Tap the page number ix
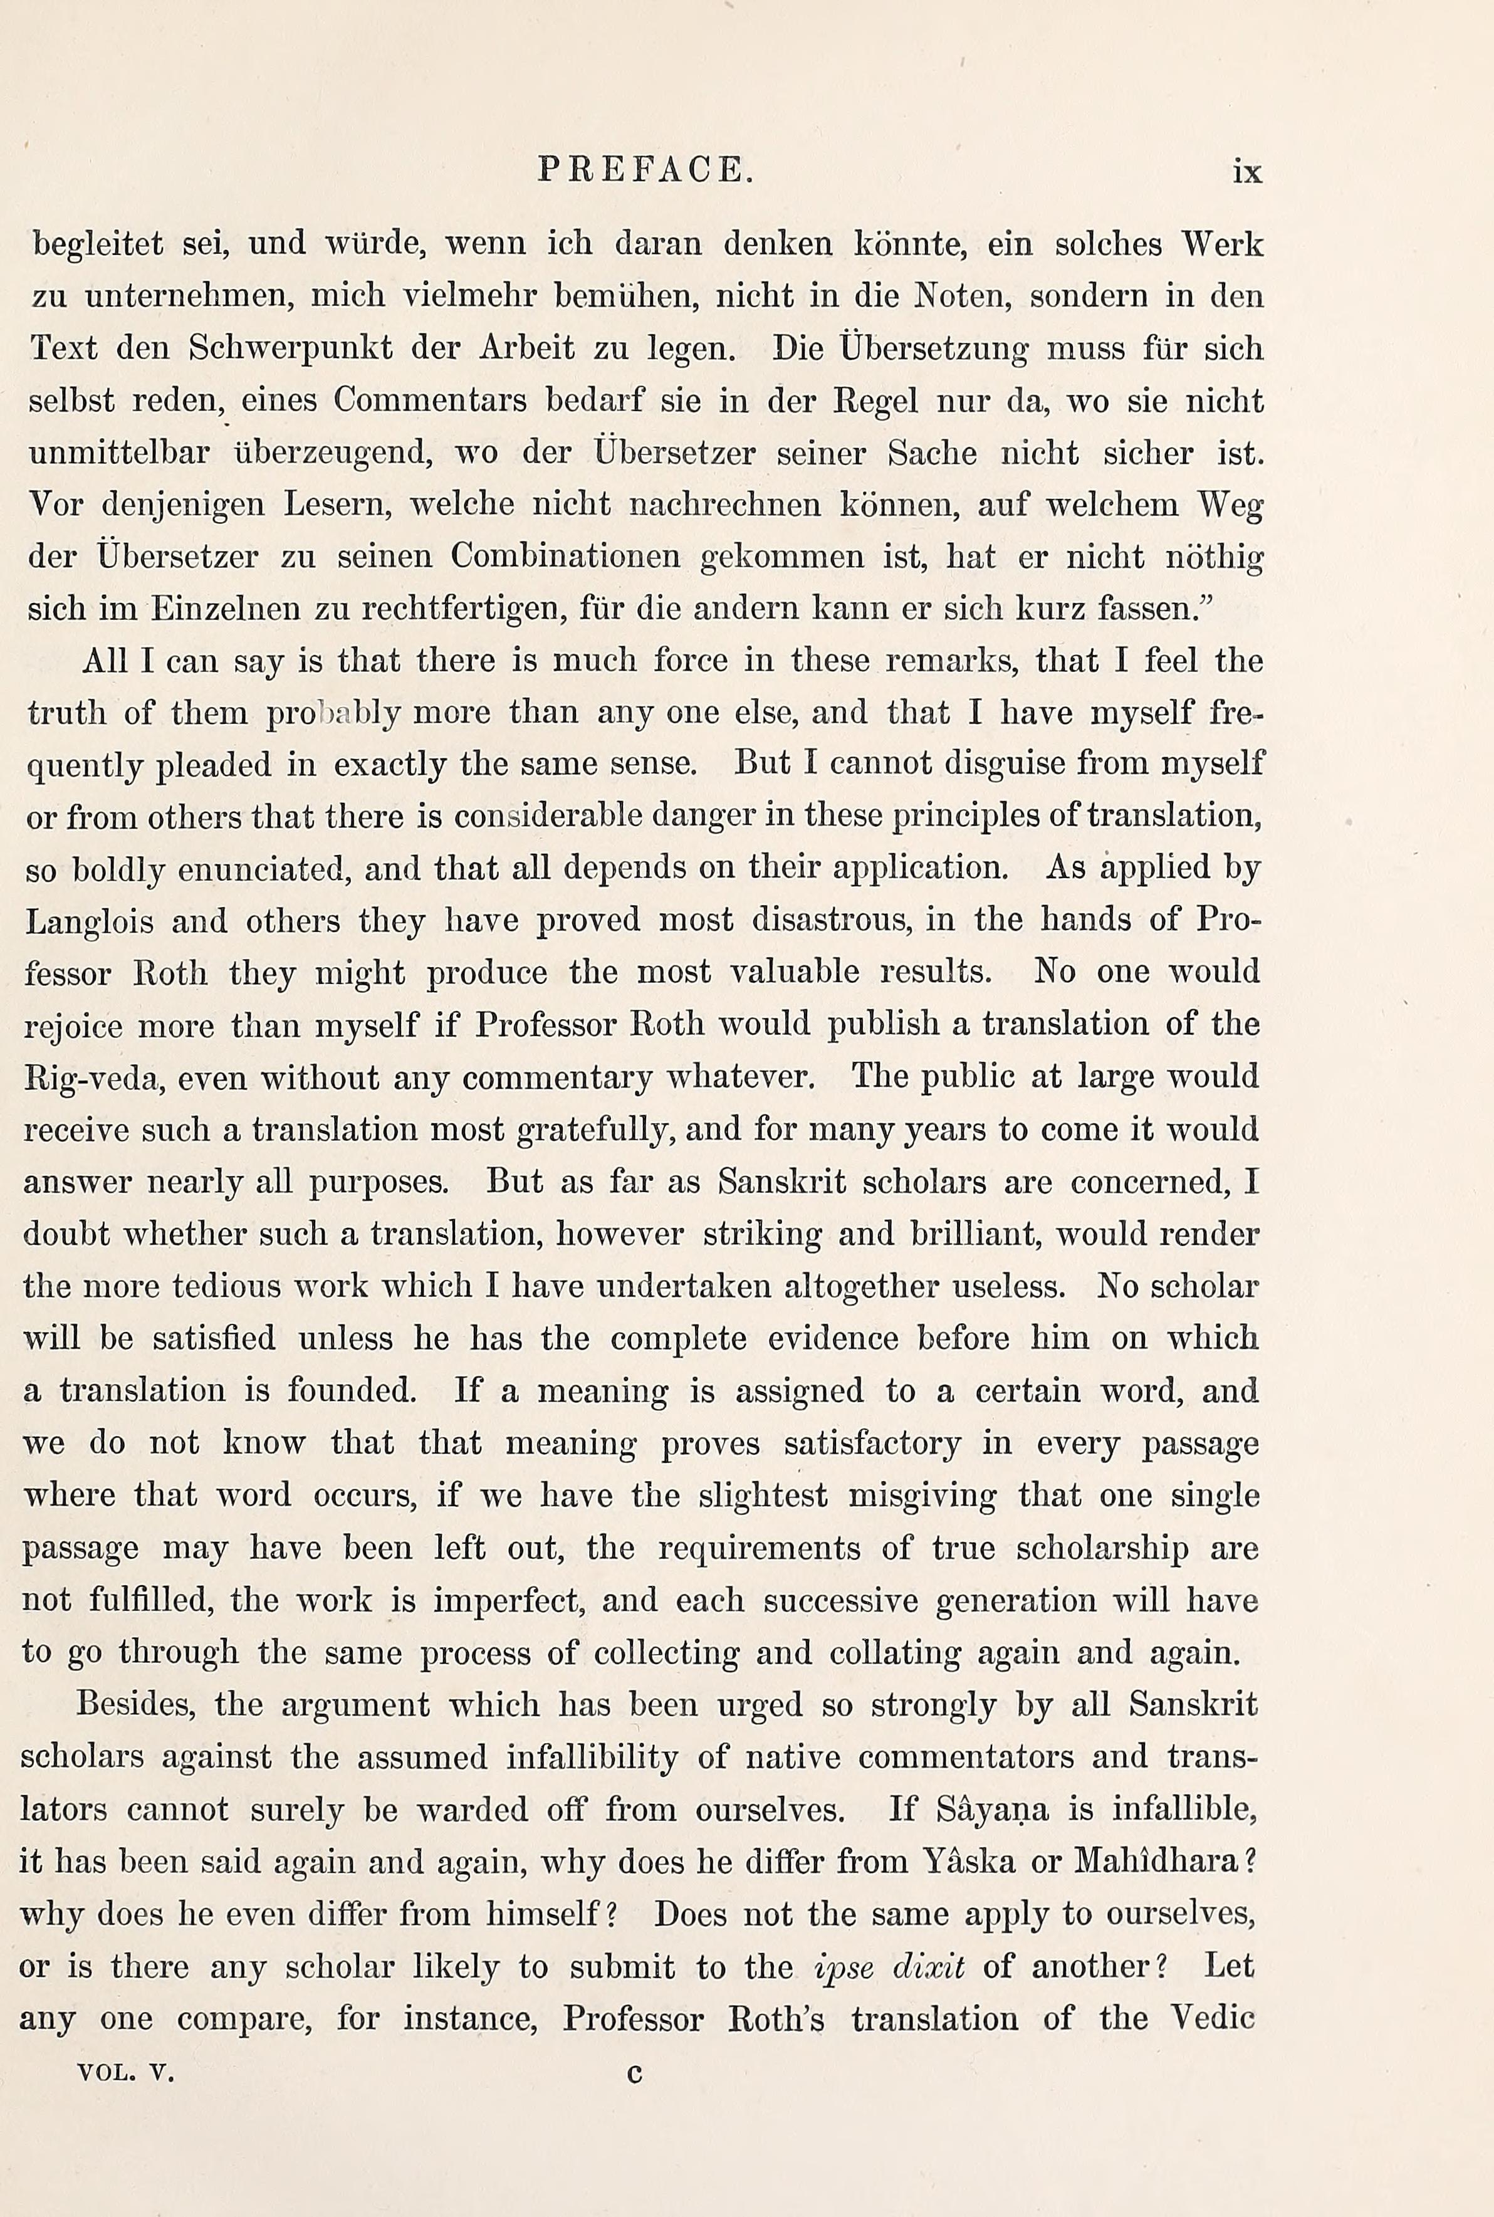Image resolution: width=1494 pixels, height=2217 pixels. pos(1247,172)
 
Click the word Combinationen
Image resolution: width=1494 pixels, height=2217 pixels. pos(566,557)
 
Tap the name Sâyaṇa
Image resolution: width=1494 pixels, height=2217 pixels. pos(993,1809)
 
